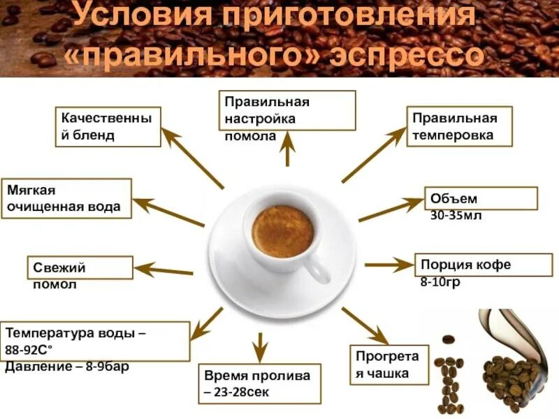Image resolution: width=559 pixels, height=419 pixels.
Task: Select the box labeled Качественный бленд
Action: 108,126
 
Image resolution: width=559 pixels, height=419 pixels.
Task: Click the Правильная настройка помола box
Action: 287,110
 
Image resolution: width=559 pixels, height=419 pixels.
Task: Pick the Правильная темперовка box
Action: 460,126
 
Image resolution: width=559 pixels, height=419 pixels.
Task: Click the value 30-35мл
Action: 456,216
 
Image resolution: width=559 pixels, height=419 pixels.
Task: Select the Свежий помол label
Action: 80,268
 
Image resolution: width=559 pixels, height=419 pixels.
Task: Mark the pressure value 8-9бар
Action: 101,367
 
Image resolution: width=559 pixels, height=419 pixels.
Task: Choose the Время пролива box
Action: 259,383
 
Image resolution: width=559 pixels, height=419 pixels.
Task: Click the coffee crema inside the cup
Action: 282,231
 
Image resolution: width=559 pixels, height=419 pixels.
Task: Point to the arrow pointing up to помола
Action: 287,150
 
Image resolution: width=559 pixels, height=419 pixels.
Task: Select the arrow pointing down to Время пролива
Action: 259,346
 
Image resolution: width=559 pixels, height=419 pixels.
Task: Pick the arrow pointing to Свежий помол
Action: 164,270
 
